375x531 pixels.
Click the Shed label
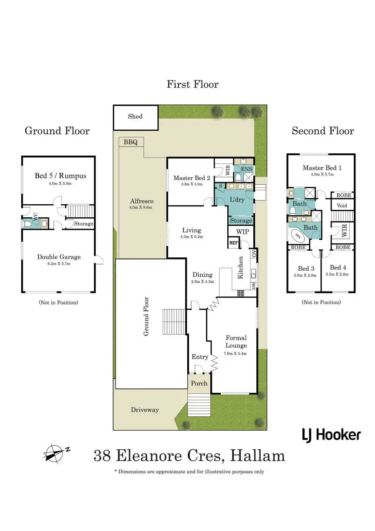coord(135,116)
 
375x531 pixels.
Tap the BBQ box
coord(130,142)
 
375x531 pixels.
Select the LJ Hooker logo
coord(331,434)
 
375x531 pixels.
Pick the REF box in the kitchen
coord(234,243)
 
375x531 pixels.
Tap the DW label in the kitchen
coord(253,285)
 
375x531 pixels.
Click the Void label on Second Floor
coord(342,205)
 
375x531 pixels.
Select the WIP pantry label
coord(242,232)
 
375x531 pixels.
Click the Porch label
coord(199,383)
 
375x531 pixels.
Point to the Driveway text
coord(145,410)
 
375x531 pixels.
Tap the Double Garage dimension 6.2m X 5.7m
coord(59,264)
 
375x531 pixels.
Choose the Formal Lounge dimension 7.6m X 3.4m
coord(236,353)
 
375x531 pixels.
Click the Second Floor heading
coord(322,131)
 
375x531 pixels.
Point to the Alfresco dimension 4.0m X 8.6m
coord(142,207)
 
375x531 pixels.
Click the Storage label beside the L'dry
coord(241,221)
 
